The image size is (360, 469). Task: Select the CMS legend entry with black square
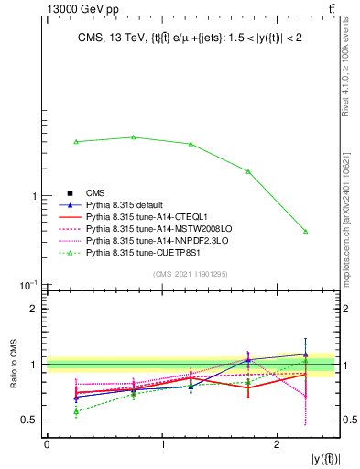click(95, 192)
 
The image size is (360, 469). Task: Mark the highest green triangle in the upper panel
click(134, 137)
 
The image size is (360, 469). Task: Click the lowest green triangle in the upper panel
click(305, 232)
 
